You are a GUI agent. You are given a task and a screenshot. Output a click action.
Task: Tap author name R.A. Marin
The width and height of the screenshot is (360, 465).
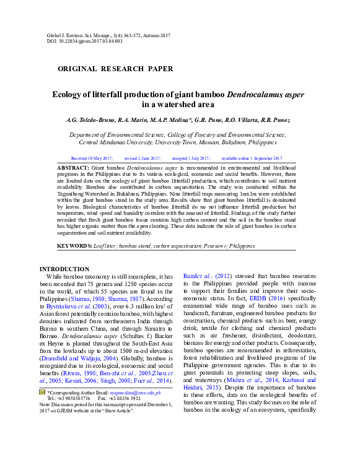pos(140,120)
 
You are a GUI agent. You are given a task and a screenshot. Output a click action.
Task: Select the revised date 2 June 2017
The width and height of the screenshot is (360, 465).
pos(143,159)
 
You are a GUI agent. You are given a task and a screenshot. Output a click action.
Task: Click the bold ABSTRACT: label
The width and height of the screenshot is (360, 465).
pos(73,168)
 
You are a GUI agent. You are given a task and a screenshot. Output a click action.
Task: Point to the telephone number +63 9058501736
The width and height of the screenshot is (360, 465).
pos(75,433)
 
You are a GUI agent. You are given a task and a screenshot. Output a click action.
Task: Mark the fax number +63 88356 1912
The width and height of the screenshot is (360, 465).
pos(127,433)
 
